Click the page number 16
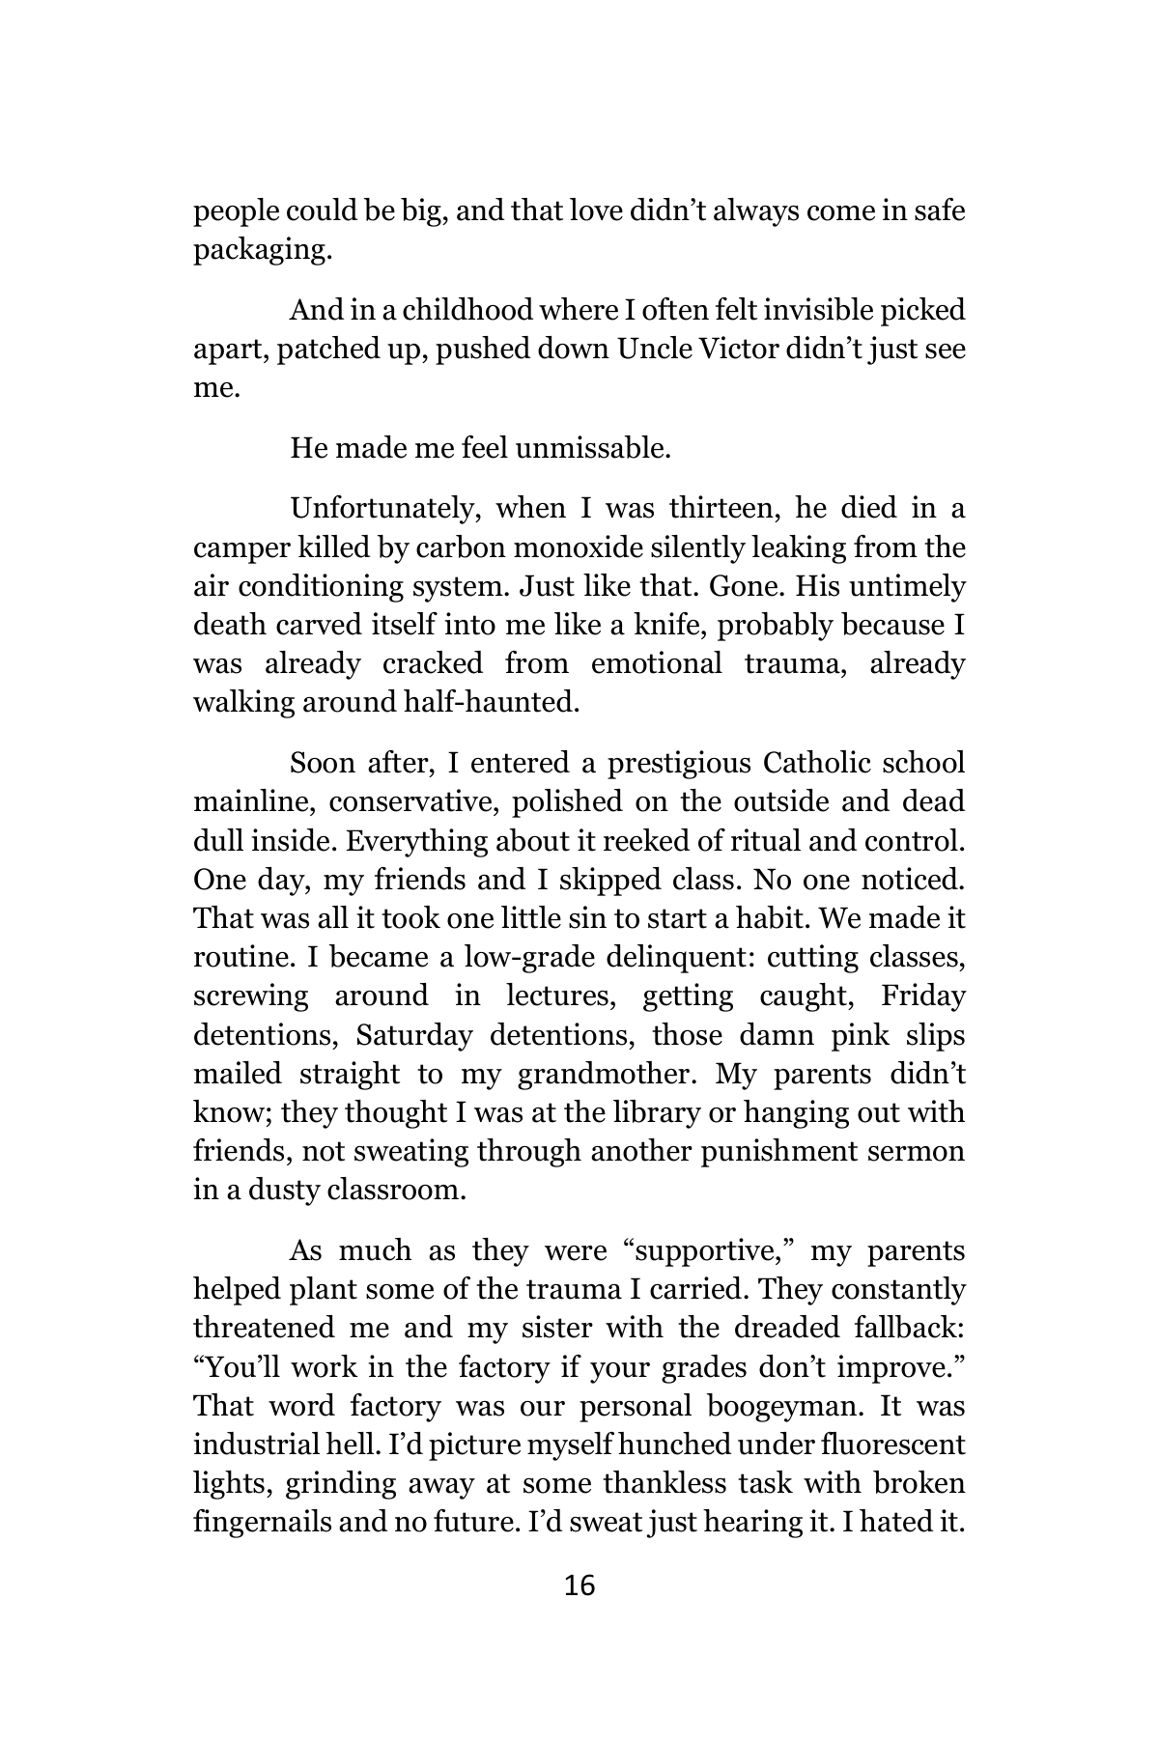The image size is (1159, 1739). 579,1585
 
